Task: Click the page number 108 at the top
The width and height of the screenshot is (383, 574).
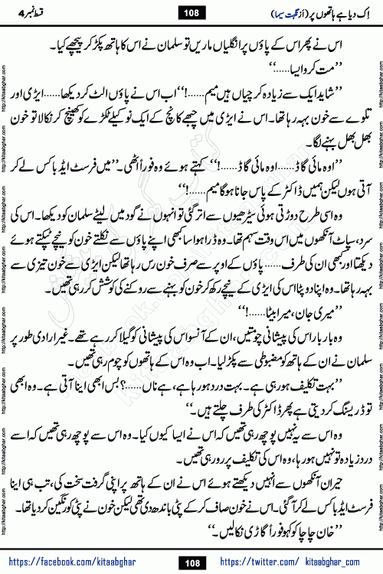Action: [191, 12]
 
